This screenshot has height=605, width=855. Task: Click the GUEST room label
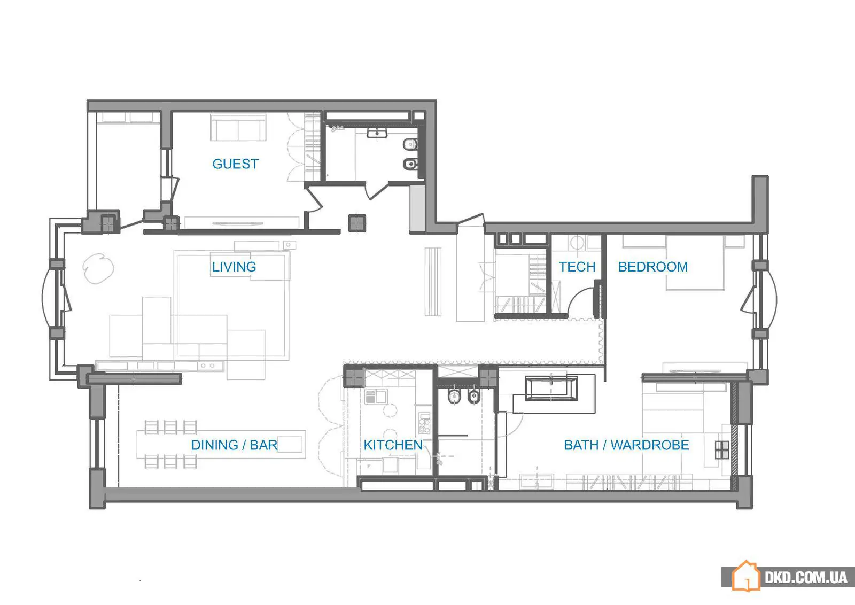(235, 164)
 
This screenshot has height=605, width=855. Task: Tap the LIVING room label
(234, 267)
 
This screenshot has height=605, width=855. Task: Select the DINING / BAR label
(234, 445)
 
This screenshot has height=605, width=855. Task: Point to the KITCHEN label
(393, 445)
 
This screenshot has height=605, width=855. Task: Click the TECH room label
(577, 267)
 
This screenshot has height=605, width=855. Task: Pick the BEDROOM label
(653, 267)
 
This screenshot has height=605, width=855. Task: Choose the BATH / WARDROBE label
(626, 445)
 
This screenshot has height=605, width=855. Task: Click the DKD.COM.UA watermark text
(806, 578)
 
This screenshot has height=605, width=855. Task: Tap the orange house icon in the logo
(745, 576)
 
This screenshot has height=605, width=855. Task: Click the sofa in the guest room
(238, 128)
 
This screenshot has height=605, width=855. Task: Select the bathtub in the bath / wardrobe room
(551, 388)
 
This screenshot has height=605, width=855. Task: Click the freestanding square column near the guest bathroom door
(357, 223)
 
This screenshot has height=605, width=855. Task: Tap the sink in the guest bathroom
(377, 133)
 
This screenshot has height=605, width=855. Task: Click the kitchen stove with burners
(424, 423)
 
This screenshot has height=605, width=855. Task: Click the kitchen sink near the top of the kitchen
(376, 397)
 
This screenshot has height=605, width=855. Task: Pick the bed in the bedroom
(695, 263)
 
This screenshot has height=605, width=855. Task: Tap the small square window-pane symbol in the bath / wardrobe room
(722, 449)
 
